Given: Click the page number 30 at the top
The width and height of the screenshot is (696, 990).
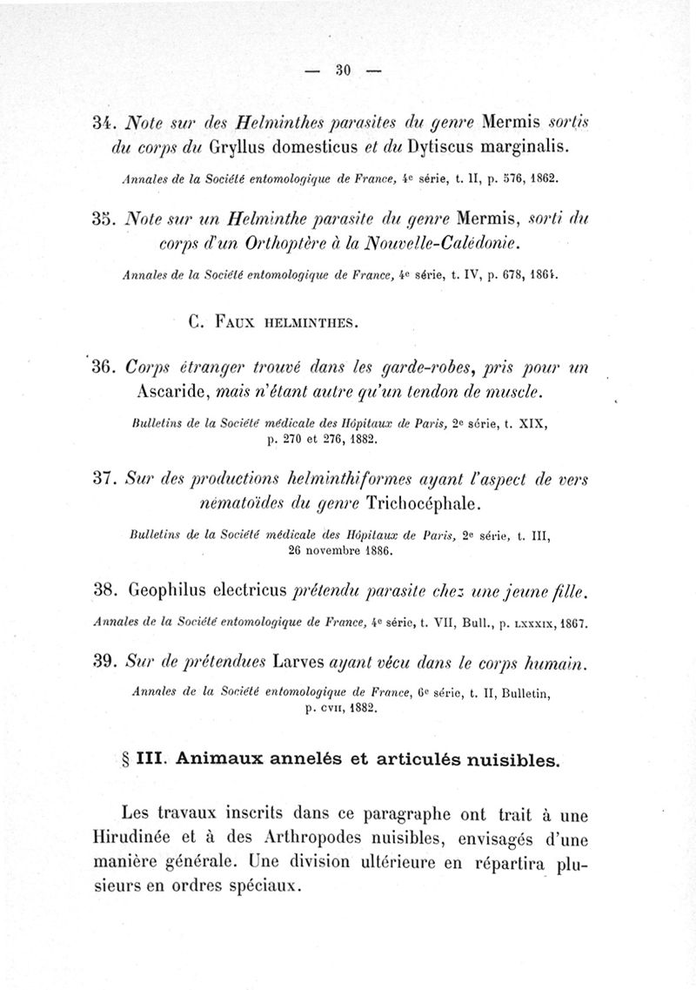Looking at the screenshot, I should (x=341, y=72).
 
